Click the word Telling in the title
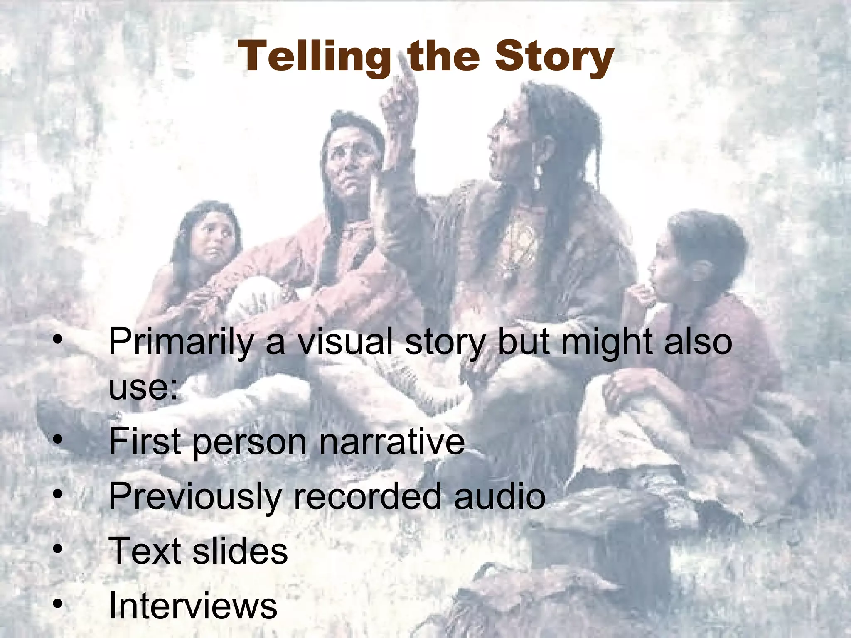click(314, 57)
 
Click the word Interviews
click(193, 605)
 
